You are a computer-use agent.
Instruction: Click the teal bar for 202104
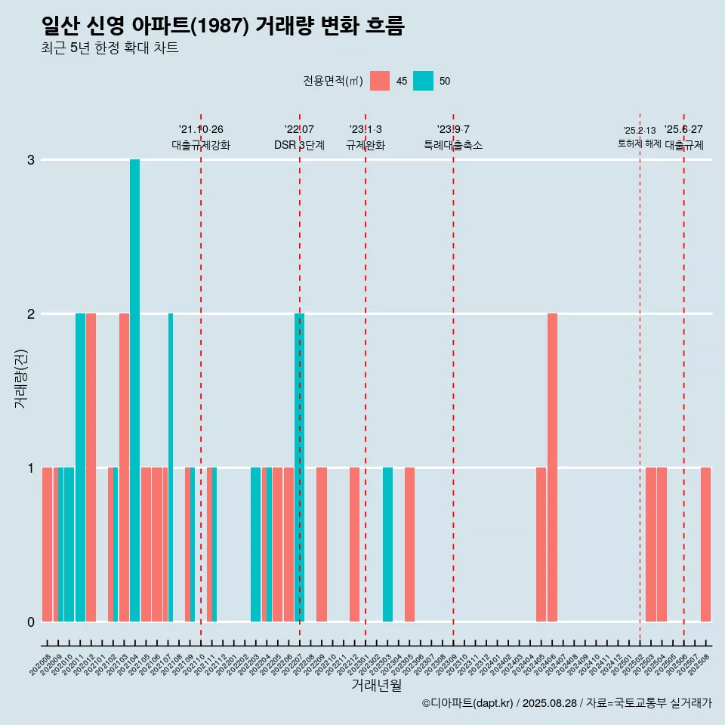(x=134, y=390)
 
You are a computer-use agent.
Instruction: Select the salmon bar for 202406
(x=552, y=467)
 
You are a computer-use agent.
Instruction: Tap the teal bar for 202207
(x=299, y=467)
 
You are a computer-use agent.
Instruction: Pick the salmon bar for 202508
(x=705, y=545)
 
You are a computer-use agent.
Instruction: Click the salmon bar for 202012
(x=91, y=467)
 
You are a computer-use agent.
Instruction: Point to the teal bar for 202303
(x=387, y=545)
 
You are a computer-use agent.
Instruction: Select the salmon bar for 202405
(x=541, y=545)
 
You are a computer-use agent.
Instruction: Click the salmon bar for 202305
(x=409, y=545)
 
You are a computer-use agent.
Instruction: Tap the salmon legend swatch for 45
(x=380, y=81)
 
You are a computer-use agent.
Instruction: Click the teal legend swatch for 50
(x=423, y=81)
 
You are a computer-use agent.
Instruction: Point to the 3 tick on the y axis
(x=31, y=160)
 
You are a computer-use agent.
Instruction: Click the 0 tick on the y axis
(x=31, y=622)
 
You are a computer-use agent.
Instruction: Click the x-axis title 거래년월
(x=376, y=685)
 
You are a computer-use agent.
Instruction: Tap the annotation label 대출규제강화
(x=201, y=145)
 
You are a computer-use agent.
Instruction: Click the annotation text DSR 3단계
(x=299, y=145)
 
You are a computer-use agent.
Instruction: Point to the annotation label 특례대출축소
(x=453, y=145)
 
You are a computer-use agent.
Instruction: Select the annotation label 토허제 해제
(x=639, y=143)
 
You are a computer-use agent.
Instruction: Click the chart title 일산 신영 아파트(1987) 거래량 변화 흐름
(x=224, y=26)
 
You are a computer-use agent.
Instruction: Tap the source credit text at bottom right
(x=566, y=703)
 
